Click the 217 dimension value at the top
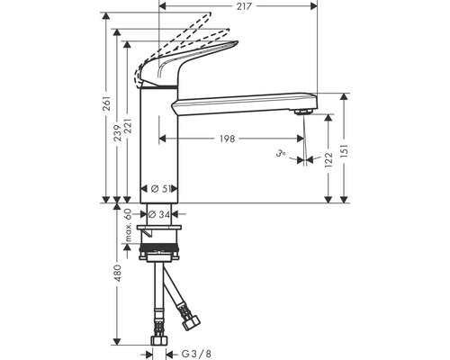point(244,6)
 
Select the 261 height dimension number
point(107,103)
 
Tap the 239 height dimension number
point(117,132)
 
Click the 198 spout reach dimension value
point(228,139)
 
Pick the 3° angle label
point(281,154)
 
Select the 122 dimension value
point(328,160)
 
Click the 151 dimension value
point(345,151)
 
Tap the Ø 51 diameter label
point(159,189)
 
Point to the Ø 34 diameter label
point(159,214)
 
